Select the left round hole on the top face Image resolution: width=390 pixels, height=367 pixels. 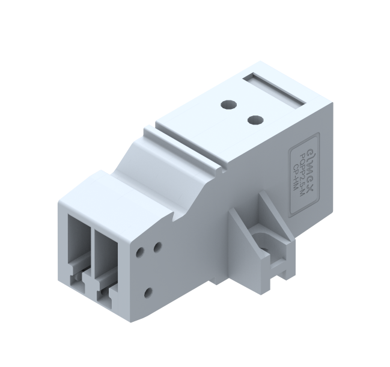point(227,105)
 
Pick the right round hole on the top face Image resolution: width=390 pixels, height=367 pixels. point(255,119)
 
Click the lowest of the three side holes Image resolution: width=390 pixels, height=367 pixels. point(148,294)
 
